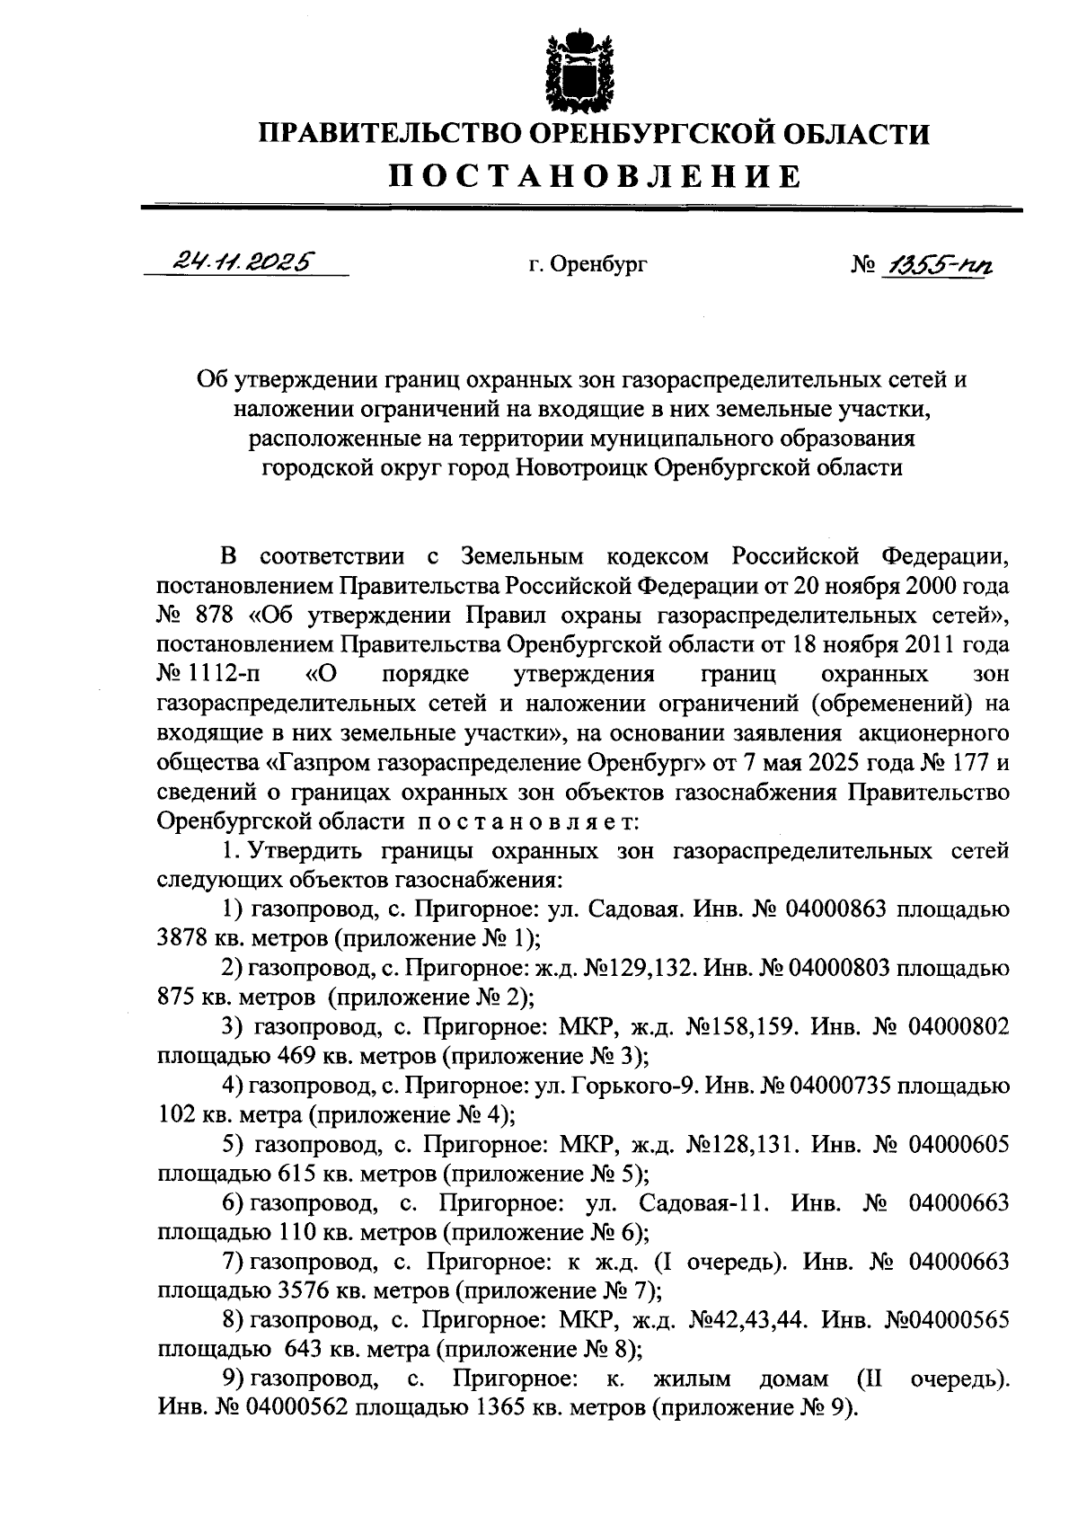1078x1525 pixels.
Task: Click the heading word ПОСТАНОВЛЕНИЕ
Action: click(594, 176)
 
